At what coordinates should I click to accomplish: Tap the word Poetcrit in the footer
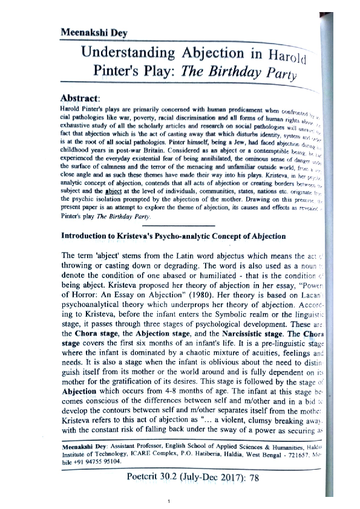146,493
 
